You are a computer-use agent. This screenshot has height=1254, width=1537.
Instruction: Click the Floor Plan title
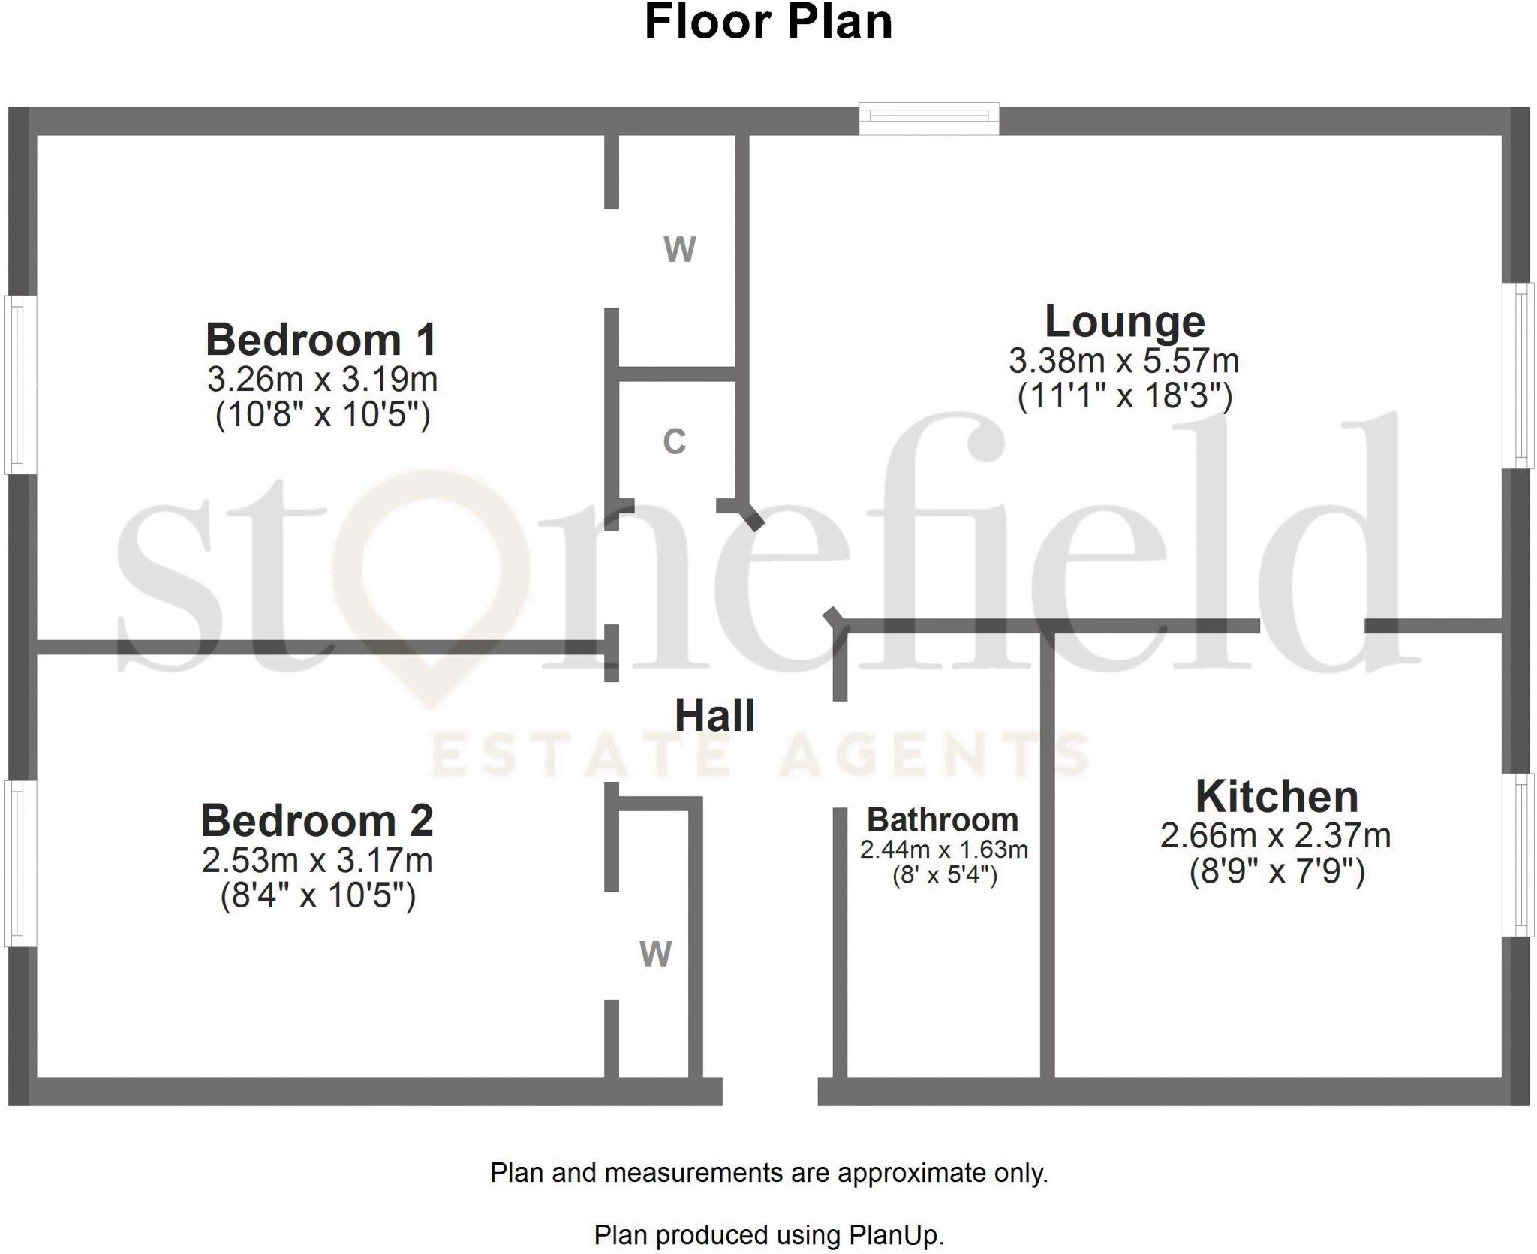pos(768,23)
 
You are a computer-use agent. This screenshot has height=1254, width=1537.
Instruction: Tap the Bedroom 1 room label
pos(321,339)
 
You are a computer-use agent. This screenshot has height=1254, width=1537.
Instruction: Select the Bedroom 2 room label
pos(317,820)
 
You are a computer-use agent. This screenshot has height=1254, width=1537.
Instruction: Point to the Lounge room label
pos(1124,322)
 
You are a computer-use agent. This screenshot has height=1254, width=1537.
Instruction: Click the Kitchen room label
pos(1277,796)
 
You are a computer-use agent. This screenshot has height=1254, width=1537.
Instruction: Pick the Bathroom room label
pos(943,819)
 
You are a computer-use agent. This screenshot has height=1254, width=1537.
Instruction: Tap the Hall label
pos(714,715)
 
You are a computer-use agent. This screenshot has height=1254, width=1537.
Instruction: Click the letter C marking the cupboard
pos(674,441)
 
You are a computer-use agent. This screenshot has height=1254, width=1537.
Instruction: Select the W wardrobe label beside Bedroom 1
pos(679,249)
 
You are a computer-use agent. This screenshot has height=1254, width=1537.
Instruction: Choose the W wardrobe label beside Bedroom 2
pos(655,954)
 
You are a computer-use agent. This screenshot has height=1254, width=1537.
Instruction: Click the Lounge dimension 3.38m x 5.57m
pos(1123,361)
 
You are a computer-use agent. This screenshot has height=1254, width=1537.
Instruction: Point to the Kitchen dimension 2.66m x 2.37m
pos(1275,835)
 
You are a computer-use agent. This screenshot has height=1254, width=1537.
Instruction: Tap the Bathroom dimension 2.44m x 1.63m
pos(943,850)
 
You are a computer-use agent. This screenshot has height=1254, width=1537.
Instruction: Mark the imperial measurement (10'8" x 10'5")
pos(323,414)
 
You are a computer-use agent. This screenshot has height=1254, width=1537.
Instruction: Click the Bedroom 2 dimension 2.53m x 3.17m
pos(317,860)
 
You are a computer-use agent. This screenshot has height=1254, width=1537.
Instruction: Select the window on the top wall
pos(929,119)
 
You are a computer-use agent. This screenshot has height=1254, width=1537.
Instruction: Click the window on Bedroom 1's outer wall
pos(20,385)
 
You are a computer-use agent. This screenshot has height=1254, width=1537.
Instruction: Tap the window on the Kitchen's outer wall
pos(1517,855)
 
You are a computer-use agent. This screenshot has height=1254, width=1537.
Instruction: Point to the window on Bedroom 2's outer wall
pos(20,863)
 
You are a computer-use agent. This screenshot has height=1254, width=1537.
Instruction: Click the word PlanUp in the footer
pos(894,1234)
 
